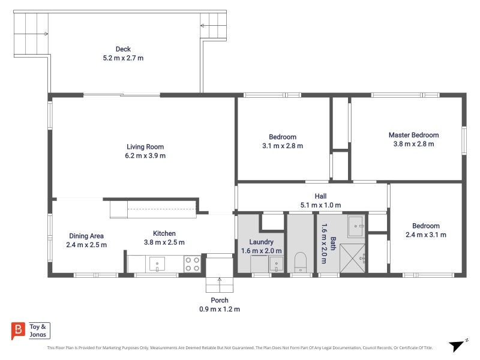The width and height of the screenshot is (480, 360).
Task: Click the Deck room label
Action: [123, 49]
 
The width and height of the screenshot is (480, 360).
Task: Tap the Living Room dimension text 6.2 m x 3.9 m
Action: [145, 155]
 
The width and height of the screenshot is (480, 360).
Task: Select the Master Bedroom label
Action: [413, 135]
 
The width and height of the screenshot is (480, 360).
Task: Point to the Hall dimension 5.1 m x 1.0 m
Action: [320, 205]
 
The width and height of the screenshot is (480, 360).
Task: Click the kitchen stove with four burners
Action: [192, 264]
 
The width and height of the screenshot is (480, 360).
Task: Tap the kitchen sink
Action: [157, 264]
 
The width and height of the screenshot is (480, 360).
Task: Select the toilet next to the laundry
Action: [301, 262]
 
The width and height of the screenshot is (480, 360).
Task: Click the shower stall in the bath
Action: [353, 258]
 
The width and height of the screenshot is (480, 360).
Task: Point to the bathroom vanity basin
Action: [356, 226]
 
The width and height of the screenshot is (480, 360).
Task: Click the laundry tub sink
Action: [276, 264]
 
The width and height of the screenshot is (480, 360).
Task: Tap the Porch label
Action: [220, 301]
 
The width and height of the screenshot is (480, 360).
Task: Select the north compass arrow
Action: [457, 346]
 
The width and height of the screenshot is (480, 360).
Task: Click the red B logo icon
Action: [18, 330]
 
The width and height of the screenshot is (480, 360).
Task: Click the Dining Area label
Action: [86, 236]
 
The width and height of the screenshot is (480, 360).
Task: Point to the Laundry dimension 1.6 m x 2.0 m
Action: [261, 251]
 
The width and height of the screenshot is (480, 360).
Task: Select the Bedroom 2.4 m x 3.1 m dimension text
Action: [426, 235]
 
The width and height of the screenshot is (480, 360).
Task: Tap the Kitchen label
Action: [164, 233]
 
